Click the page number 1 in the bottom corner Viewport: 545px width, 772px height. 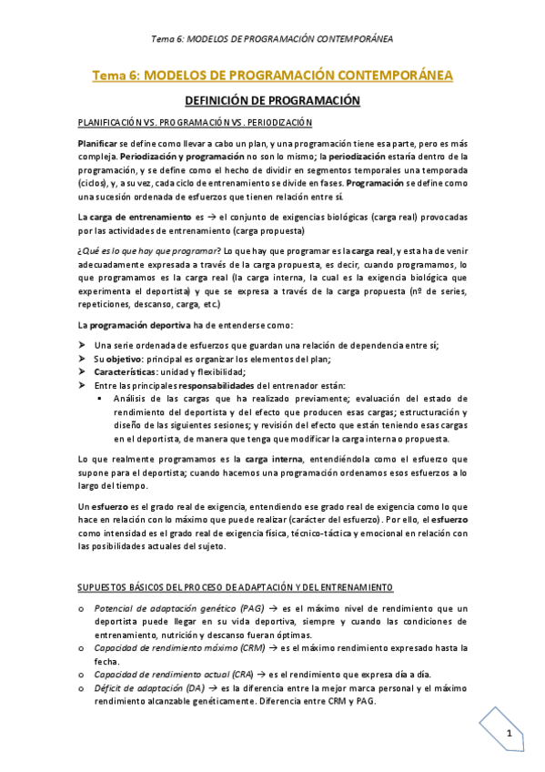coord(510,734)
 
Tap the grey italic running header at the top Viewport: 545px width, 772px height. coord(272,39)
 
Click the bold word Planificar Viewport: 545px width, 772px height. coord(97,144)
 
